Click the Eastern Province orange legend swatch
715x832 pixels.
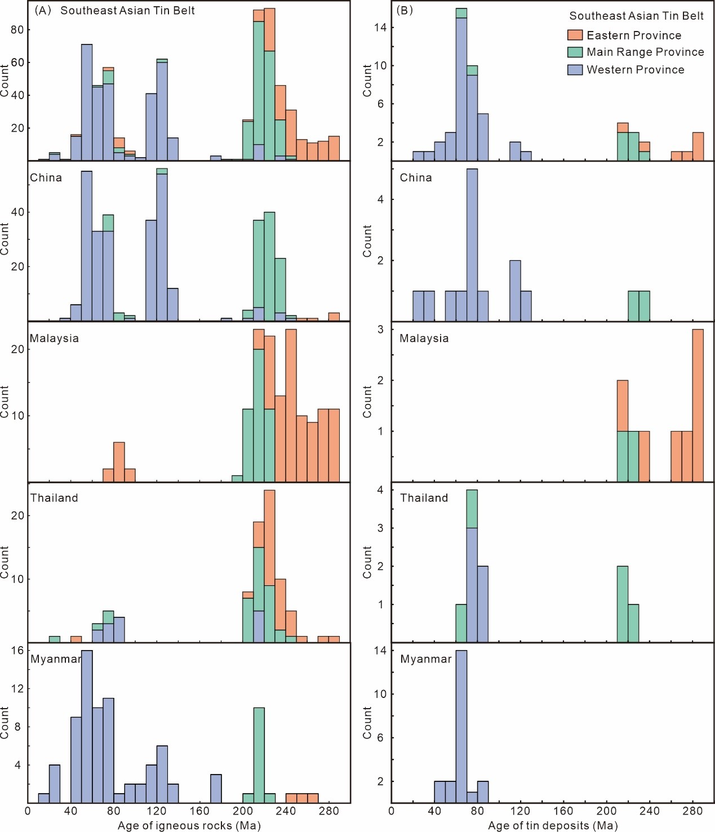(x=574, y=35)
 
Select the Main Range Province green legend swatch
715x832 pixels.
(x=574, y=52)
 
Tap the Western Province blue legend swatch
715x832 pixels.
(x=574, y=69)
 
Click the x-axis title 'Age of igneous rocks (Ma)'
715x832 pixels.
(x=189, y=825)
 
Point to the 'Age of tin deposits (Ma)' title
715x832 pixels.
(x=552, y=825)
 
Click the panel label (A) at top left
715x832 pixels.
(x=43, y=10)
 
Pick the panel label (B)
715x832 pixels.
(x=405, y=10)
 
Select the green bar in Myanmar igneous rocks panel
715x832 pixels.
(x=259, y=755)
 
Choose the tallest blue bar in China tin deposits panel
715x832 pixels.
(x=472, y=244)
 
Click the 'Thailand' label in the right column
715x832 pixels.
(x=424, y=498)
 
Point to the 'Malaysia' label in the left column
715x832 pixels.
(x=54, y=339)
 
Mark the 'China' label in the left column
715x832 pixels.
(x=46, y=177)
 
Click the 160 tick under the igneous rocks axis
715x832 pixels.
(x=199, y=811)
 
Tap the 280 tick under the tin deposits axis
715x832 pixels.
(x=692, y=811)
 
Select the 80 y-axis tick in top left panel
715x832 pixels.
(x=17, y=30)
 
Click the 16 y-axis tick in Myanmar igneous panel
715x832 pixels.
(x=17, y=650)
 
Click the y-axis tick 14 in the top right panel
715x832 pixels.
(x=380, y=27)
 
